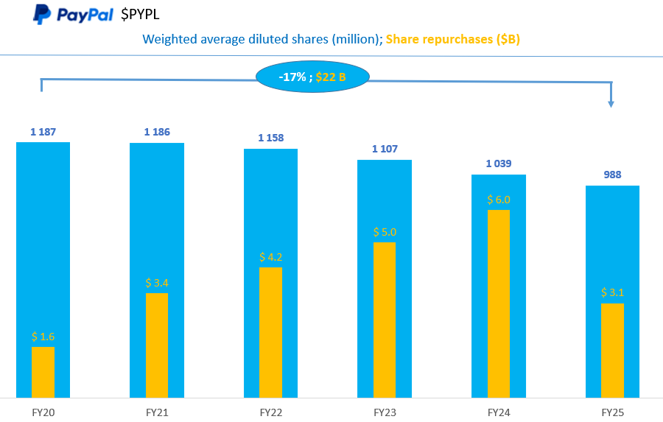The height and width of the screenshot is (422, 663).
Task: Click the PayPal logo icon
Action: click(42, 14)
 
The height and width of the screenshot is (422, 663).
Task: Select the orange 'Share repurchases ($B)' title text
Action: click(452, 39)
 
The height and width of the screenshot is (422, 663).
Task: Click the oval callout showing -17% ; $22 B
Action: click(312, 77)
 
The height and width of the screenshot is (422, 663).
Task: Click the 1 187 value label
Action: click(43, 132)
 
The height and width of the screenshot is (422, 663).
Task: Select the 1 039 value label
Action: click(498, 163)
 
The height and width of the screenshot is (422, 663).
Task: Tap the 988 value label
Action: click(612, 175)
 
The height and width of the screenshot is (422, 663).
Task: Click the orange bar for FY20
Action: click(43, 372)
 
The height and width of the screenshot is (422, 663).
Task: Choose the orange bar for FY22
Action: click(270, 332)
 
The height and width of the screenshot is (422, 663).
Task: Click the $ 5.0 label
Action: click(385, 232)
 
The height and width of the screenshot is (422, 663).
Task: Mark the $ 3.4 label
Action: click(157, 283)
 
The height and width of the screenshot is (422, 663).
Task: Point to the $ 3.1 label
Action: click(612, 292)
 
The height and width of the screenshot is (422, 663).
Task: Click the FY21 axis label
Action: click(157, 412)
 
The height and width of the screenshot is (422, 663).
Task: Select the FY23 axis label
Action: click(385, 412)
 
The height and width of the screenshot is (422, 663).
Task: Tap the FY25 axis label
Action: click(612, 412)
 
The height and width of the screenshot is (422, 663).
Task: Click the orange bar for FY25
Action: click(612, 350)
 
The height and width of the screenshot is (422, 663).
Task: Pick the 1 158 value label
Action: click(270, 138)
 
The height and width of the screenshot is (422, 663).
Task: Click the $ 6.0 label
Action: click(498, 200)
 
